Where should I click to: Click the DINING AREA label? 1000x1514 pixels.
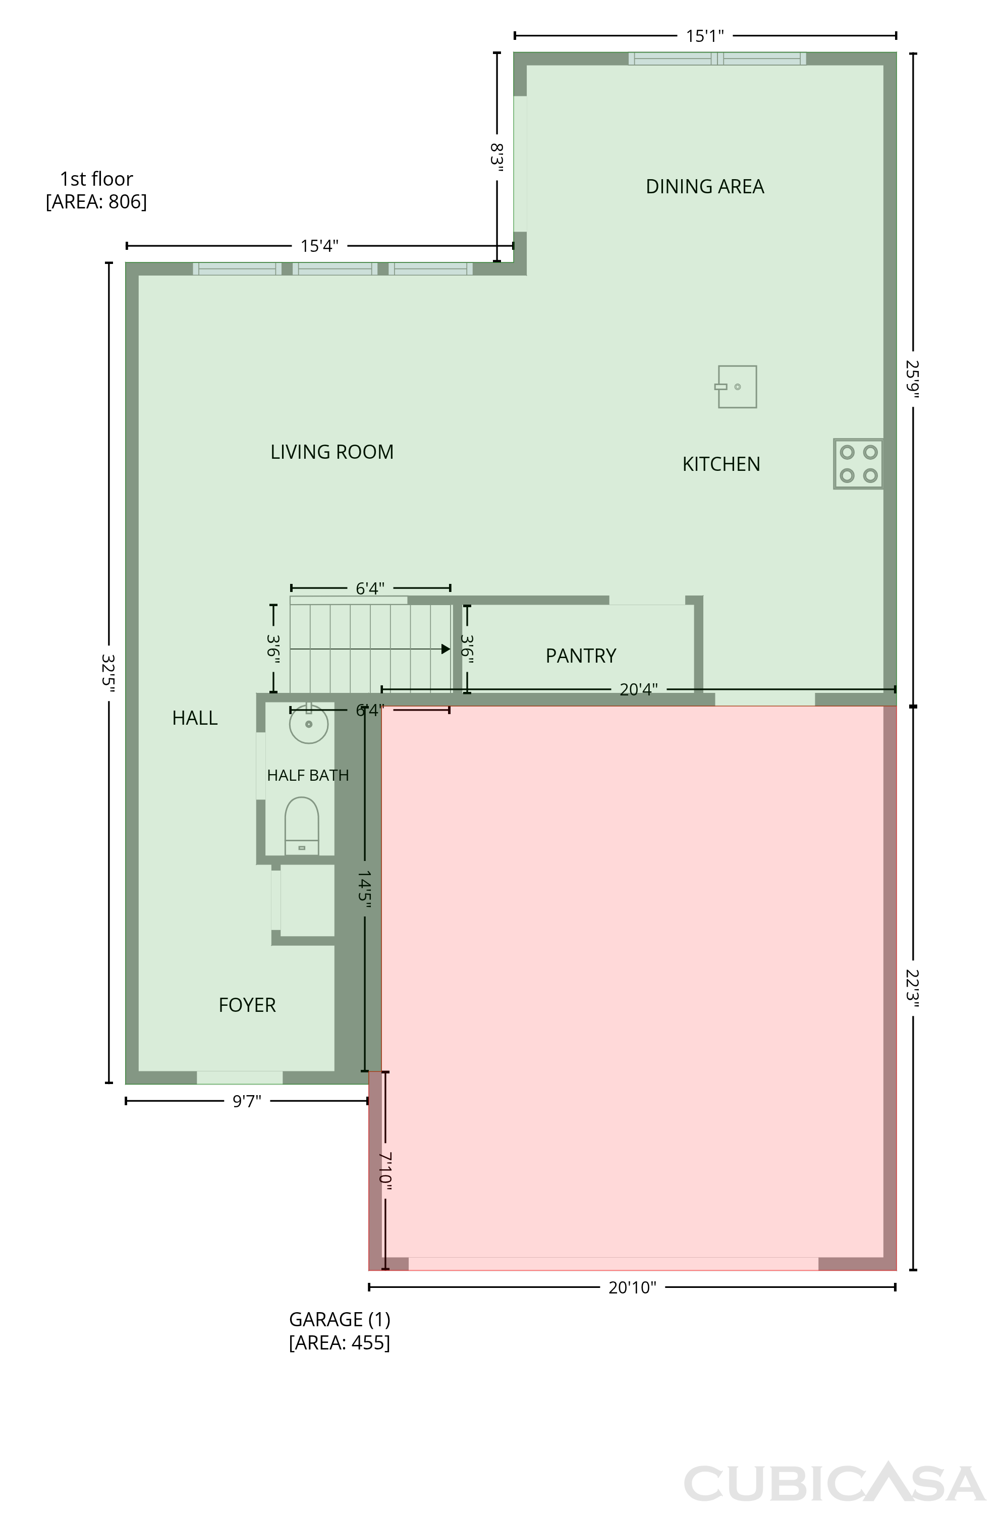coord(705,186)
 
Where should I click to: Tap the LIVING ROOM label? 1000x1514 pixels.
coord(331,452)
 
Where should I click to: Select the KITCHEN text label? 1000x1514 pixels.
coord(721,464)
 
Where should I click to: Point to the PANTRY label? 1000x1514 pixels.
coord(581,656)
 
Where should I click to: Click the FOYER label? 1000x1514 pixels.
coord(247,1005)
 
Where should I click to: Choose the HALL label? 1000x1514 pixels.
coord(195,718)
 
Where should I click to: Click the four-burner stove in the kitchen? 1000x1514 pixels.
coord(858,464)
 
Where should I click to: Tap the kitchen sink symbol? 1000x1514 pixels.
coord(736,387)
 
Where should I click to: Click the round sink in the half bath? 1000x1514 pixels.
coord(309,724)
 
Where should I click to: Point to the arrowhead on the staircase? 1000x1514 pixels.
coord(446,649)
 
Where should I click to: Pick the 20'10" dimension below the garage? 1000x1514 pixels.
coord(632,1287)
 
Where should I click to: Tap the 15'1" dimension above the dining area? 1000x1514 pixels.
coord(705,36)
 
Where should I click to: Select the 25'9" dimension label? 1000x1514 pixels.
coord(913,379)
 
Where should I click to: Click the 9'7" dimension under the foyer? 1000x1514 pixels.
coord(247,1101)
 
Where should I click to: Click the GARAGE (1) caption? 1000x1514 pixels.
coord(339,1320)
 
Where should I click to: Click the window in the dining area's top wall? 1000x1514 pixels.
coord(717,59)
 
